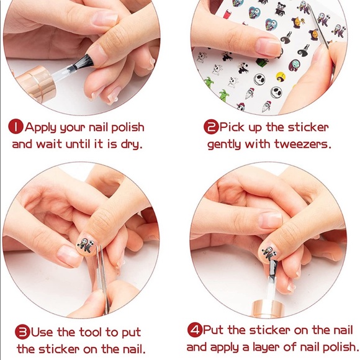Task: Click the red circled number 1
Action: tap(16, 127)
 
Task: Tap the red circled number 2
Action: tap(211, 127)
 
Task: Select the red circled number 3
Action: tap(22, 332)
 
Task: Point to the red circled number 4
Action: tap(195, 330)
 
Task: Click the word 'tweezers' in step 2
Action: tap(303, 145)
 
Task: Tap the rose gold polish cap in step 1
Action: tap(36, 84)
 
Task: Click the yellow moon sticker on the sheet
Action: tap(281, 77)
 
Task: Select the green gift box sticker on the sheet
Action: tap(262, 62)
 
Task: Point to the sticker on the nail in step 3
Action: tap(86, 245)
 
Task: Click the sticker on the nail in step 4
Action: tap(271, 253)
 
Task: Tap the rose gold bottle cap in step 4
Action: tap(268, 308)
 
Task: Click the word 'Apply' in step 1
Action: tap(40, 128)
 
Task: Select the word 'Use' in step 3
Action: tap(42, 332)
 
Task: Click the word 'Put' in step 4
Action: tap(213, 330)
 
